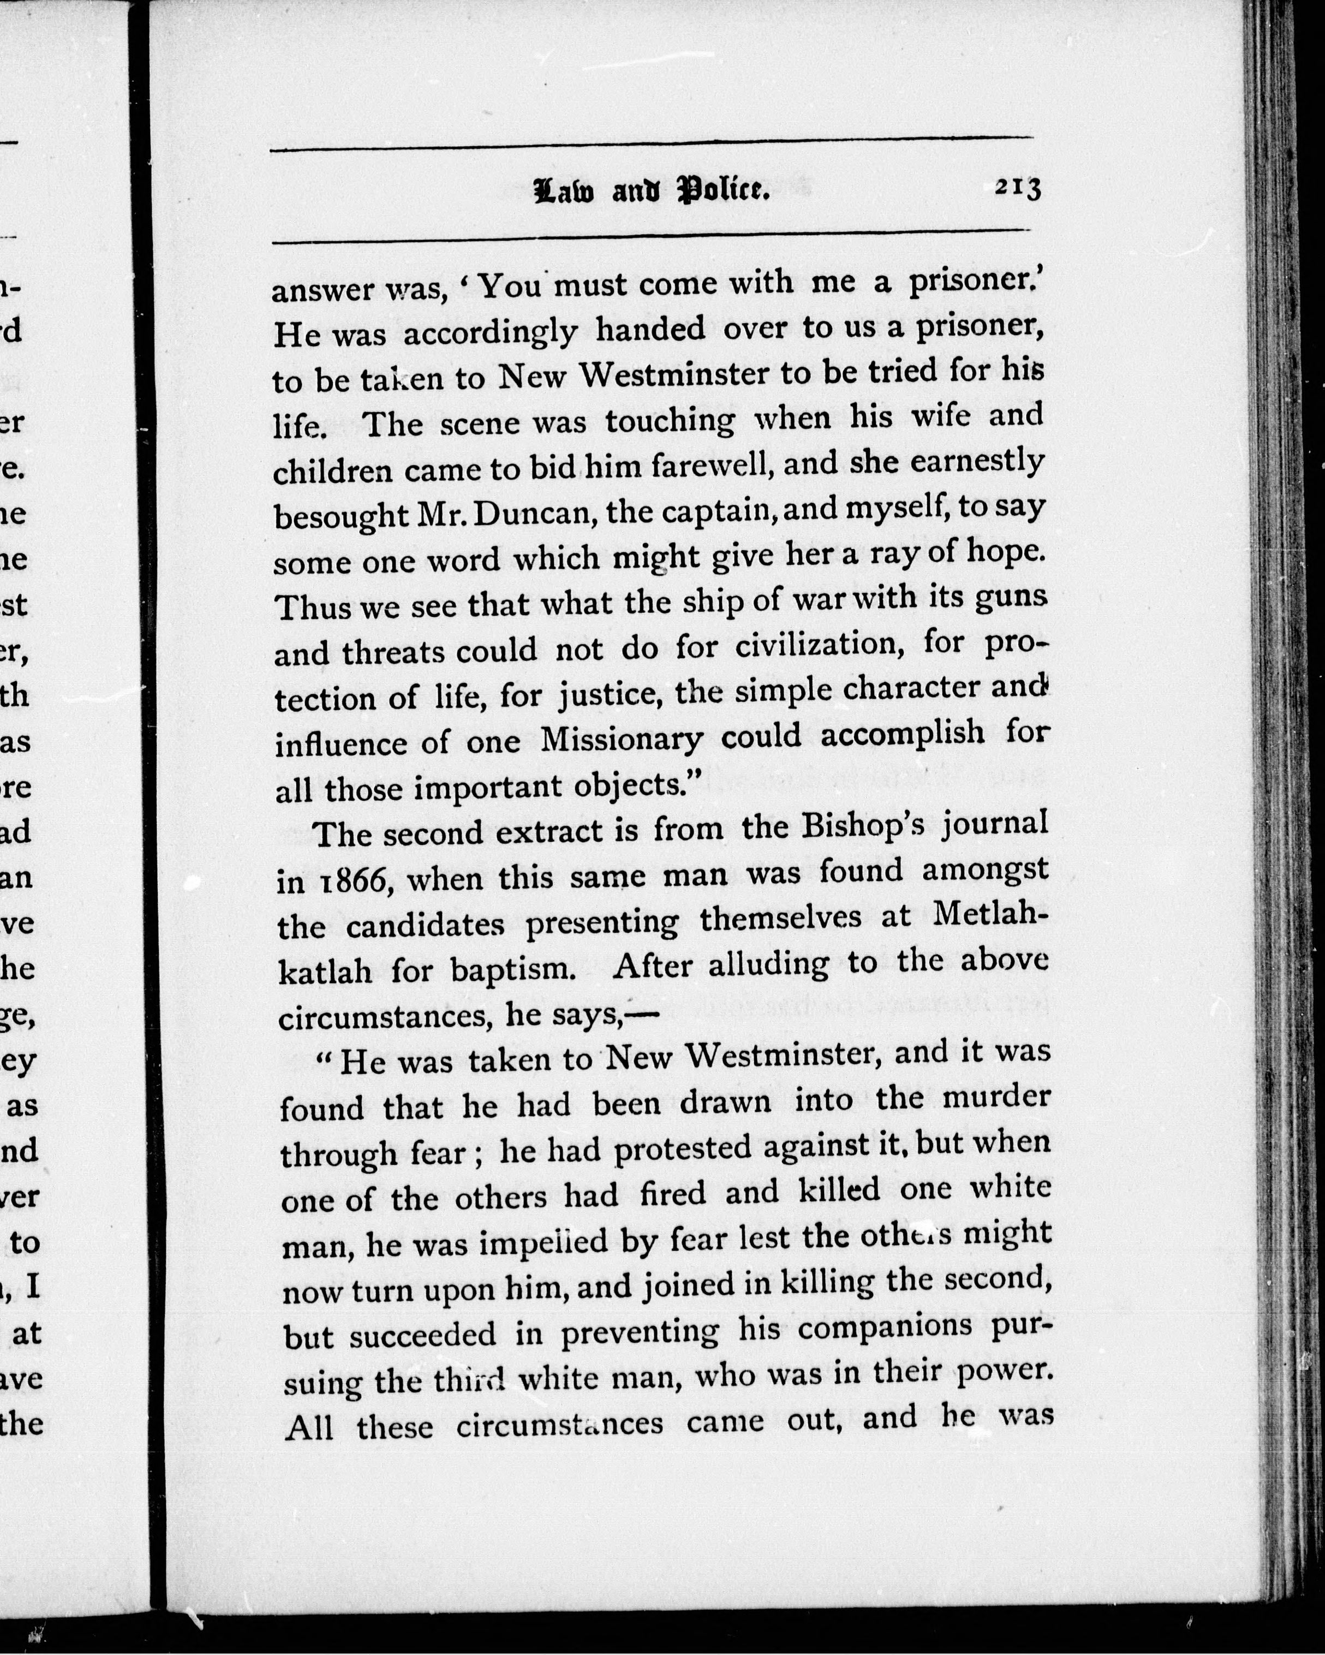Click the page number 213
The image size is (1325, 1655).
point(1017,188)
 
